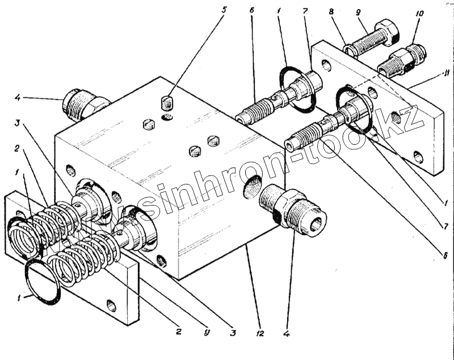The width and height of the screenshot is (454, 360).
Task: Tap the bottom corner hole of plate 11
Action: [418, 157]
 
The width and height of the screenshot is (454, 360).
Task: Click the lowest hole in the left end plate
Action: [112, 307]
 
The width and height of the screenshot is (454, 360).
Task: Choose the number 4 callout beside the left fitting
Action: [17, 98]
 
